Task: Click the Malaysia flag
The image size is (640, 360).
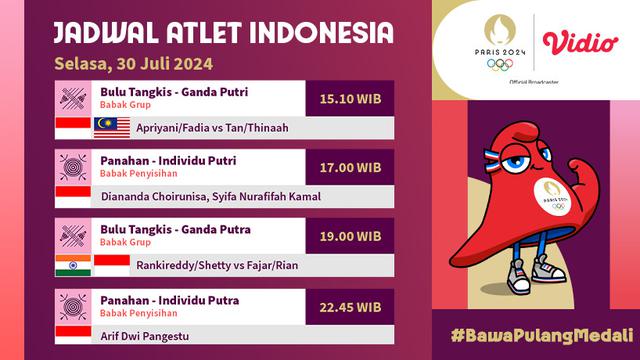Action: coord(111,127)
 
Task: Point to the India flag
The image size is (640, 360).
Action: coord(73,265)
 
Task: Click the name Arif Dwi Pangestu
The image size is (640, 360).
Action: coord(145,335)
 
